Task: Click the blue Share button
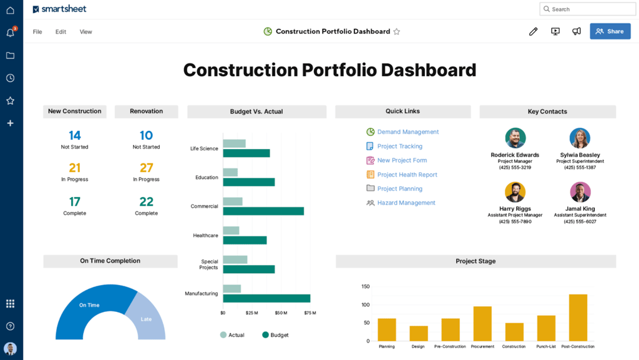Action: coord(610,31)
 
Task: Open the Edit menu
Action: coord(61,32)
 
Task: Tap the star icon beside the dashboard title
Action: coord(396,32)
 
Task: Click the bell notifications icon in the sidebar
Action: coord(10,33)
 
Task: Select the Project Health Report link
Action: coord(407,175)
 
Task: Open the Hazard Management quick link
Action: coord(406,203)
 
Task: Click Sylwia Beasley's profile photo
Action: coord(580,138)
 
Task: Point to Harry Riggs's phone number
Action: coord(515,221)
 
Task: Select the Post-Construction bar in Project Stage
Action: coord(578,318)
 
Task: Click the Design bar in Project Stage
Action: coord(419,333)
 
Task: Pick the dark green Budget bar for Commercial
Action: coord(263,211)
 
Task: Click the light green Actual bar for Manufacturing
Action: coord(232,288)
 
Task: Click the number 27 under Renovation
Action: coord(146,168)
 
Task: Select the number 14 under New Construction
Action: coord(74,135)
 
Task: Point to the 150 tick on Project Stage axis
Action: coord(366,287)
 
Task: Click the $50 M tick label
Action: coord(281,313)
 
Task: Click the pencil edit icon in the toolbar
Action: coord(533,31)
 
